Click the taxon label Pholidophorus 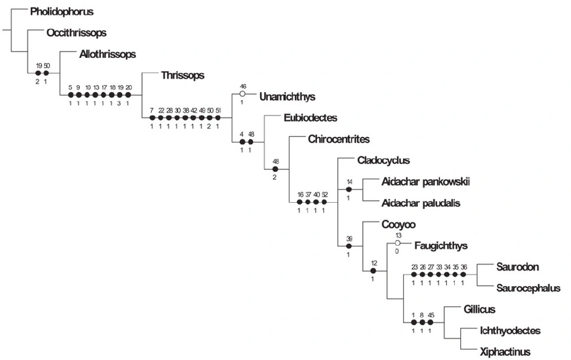click(62, 11)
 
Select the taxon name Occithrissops click(77, 32)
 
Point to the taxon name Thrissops click(183, 75)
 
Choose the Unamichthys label click(287, 97)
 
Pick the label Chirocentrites click(339, 140)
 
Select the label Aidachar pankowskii click(425, 182)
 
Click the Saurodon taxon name click(517, 267)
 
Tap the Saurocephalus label click(528, 288)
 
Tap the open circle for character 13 click(398, 242)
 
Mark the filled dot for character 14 click(349, 190)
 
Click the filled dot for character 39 click(349, 246)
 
